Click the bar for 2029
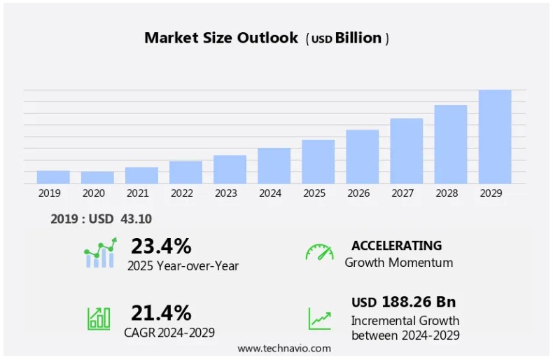[495, 137]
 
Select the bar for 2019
[53, 177]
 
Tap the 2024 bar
[274, 166]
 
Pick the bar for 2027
[406, 151]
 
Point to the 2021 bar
[141, 175]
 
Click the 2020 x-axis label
[93, 193]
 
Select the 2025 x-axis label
[314, 193]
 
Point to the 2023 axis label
[226, 193]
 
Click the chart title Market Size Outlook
[221, 38]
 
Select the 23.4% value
[161, 246]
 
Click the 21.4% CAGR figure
[161, 312]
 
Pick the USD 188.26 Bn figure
[403, 302]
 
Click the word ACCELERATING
[396, 246]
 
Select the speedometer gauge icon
[319, 252]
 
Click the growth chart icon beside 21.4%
[99, 319]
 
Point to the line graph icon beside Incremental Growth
[319, 319]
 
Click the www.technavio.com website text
[283, 348]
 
